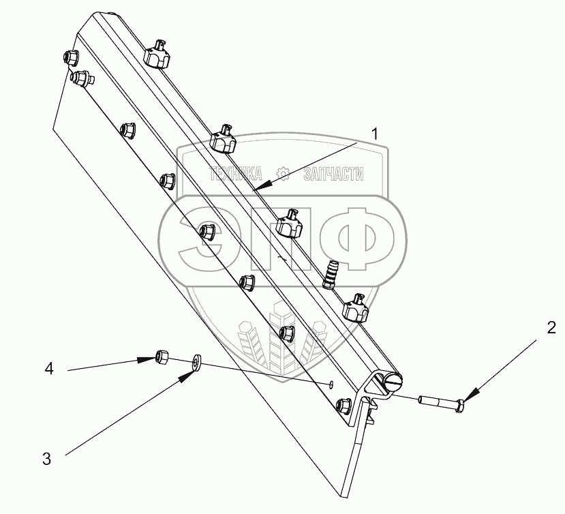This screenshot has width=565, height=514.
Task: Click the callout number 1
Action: pyautogui.click(x=374, y=134)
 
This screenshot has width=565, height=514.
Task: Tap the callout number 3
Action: pyautogui.click(x=46, y=459)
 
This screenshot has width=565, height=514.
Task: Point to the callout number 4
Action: pyautogui.click(x=48, y=369)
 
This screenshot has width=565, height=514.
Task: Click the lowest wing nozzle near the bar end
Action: pyautogui.click(x=354, y=308)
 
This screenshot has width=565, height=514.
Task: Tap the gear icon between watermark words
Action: pyautogui.click(x=283, y=173)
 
